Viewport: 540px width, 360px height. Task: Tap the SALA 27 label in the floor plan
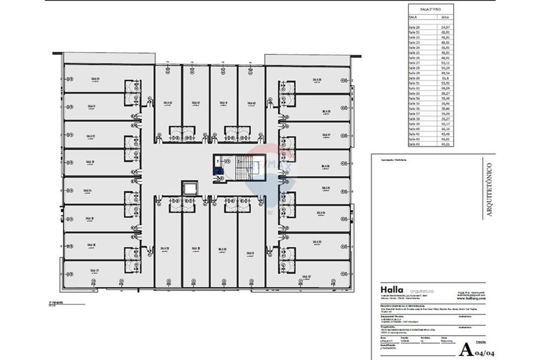(94, 270)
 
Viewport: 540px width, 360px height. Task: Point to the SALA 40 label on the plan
(251, 103)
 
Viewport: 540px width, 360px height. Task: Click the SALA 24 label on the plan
(87, 191)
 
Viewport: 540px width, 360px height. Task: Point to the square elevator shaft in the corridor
(189, 188)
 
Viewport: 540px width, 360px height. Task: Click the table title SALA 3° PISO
(429, 9)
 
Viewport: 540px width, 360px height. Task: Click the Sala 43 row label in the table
(415, 144)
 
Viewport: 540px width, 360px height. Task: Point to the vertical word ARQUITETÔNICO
(489, 189)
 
